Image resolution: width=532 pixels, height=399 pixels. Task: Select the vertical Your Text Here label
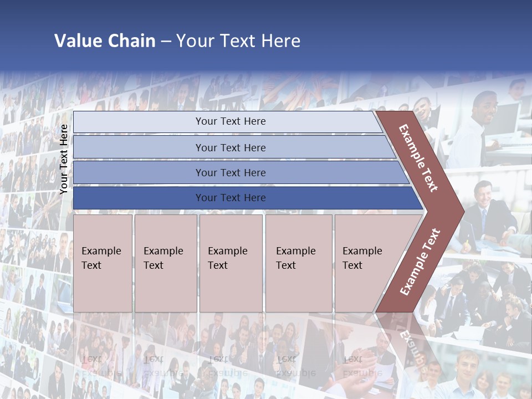pos(64,159)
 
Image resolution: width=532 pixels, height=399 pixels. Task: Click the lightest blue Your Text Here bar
pos(230,121)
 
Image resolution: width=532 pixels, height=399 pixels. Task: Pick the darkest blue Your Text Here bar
pos(230,198)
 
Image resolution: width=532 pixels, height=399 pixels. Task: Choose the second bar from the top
pos(230,147)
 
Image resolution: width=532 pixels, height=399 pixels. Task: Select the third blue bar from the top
pos(230,173)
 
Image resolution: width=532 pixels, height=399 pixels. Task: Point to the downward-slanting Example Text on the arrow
pos(418,158)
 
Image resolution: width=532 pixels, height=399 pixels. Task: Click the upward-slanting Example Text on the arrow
pos(420,262)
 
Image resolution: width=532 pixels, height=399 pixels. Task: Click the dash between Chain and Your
pos(166,42)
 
